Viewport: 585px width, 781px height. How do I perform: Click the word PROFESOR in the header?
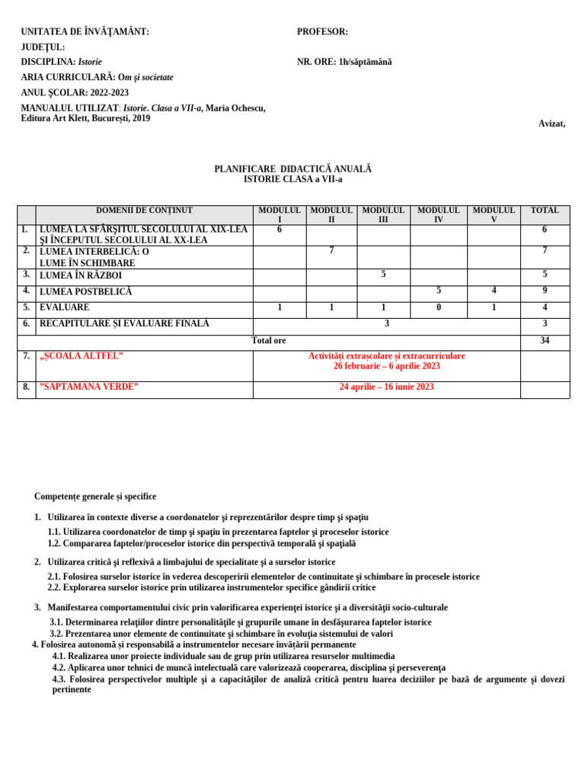(x=322, y=32)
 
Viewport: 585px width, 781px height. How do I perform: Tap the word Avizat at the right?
(x=551, y=124)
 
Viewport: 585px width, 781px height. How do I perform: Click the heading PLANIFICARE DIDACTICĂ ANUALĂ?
(x=292, y=169)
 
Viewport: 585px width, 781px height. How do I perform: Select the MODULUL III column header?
(x=383, y=214)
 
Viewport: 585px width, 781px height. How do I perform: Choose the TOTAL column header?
(x=545, y=211)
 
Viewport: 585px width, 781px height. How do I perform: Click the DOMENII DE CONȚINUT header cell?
(x=144, y=211)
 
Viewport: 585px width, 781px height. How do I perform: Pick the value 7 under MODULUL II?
(x=331, y=251)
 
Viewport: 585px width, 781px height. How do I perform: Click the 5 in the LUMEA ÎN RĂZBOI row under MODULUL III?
(x=383, y=275)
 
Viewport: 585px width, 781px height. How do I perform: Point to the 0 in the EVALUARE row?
(x=439, y=307)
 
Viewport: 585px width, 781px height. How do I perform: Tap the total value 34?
(x=545, y=341)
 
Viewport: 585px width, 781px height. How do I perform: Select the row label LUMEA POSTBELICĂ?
(x=86, y=291)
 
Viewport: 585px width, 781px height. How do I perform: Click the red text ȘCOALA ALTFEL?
(x=82, y=356)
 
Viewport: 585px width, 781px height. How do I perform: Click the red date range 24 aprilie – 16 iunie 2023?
(x=386, y=387)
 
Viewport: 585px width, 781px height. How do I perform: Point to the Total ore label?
(x=269, y=341)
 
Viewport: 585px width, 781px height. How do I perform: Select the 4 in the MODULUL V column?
(x=494, y=291)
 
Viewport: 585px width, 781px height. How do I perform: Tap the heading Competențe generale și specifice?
(x=95, y=497)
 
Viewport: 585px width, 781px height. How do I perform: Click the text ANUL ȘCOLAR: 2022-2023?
(x=75, y=93)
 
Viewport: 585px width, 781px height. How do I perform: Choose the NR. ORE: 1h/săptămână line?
(x=344, y=63)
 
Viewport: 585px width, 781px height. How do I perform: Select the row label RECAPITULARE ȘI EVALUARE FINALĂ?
(x=124, y=324)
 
